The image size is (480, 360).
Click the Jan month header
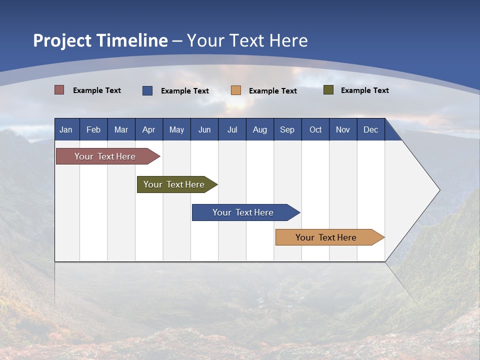[66, 129]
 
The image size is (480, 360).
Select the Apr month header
[149, 129]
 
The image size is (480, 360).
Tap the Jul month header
[232, 129]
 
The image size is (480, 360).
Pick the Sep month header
[287, 129]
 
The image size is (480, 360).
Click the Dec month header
[370, 129]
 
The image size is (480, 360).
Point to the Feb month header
[93, 129]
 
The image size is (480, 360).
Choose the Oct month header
[315, 129]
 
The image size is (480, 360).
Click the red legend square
[59, 90]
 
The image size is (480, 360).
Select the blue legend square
[147, 90]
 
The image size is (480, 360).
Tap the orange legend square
[236, 90]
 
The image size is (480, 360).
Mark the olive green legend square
[328, 90]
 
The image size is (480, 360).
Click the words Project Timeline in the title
[100, 40]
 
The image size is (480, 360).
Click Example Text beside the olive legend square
[364, 90]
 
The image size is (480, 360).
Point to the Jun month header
[204, 129]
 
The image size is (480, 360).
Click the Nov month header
[342, 129]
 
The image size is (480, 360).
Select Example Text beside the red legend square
[97, 90]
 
